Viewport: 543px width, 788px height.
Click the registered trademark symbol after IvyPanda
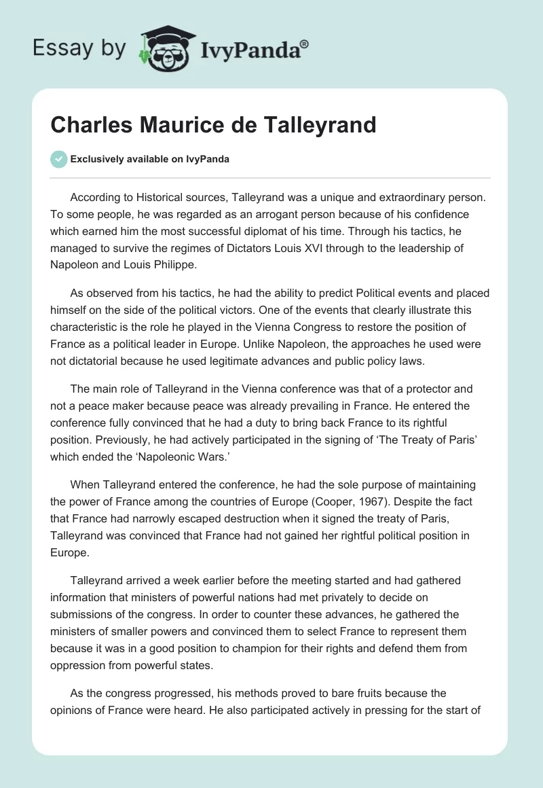[305, 44]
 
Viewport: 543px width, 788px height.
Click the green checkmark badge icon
[59, 159]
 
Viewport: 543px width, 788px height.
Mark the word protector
[418, 389]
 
